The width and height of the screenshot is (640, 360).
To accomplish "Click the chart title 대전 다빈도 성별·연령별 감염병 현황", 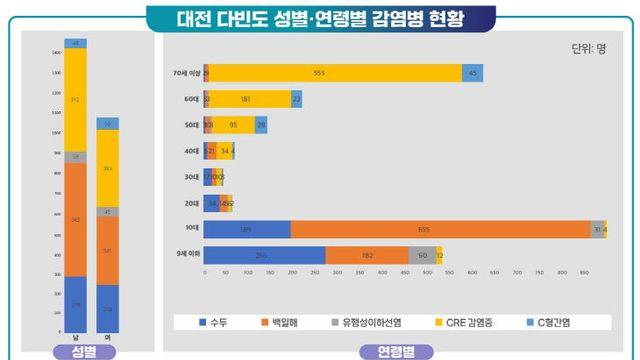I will (320, 17).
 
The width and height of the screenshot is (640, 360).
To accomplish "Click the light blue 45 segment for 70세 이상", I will (472, 73).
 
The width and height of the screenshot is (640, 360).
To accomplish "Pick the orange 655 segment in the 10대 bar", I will (440, 229).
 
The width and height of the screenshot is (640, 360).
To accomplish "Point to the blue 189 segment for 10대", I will (247, 229).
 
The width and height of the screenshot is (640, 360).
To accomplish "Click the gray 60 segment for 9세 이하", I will (422, 255).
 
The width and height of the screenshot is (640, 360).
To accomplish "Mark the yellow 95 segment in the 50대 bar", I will (233, 125).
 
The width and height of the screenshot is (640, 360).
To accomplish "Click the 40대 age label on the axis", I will (192, 151).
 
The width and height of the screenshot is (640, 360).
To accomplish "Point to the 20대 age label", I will (192, 203).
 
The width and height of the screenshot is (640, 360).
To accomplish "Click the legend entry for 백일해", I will (284, 321).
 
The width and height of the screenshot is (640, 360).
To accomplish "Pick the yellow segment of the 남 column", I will (75, 99).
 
